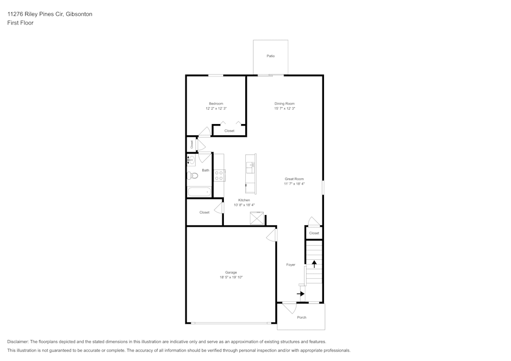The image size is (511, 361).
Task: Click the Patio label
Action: point(270,56)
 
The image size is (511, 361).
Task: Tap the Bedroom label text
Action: point(216,104)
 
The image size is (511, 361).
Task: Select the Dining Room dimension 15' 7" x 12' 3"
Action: point(285,108)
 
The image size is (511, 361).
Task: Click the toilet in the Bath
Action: point(193,176)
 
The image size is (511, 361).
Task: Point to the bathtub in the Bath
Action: point(199,192)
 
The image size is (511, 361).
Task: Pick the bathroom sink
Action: point(191,160)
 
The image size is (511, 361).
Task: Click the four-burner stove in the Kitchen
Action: point(219,176)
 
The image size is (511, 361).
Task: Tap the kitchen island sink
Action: point(251,165)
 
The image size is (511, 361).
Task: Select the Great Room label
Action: point(294,179)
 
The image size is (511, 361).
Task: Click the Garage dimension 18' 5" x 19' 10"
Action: point(231,277)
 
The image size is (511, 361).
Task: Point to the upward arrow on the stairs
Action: point(314,264)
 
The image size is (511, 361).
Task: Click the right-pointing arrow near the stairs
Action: point(301,294)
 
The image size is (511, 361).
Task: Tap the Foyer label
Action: point(291,264)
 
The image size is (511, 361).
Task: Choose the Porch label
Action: point(301,318)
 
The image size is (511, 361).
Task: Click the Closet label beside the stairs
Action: point(314,233)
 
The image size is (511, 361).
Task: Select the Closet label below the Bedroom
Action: point(229,131)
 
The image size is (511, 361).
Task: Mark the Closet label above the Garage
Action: point(204,212)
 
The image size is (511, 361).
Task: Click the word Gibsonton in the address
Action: point(79,14)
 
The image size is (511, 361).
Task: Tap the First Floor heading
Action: point(20,23)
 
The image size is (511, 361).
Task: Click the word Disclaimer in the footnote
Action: point(18,342)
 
